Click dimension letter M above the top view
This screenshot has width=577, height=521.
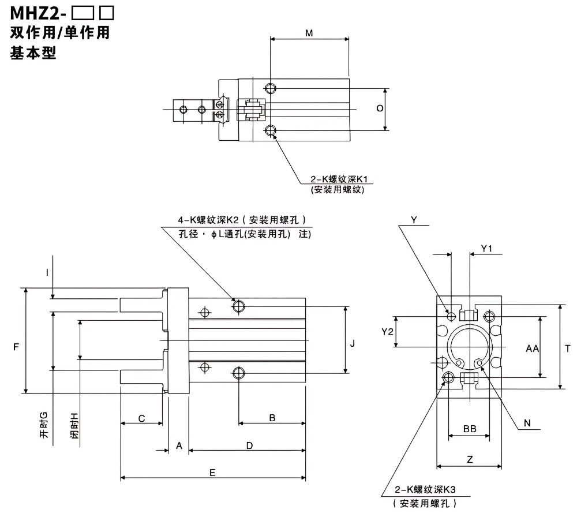[309, 33]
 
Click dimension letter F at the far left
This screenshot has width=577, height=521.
[16, 347]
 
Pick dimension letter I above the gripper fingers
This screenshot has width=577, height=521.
[48, 271]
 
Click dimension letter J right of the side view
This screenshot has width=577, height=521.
[353, 343]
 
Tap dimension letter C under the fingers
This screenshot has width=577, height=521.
[142, 418]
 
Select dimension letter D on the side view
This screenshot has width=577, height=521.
[249, 445]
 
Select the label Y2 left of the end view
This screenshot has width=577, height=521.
[388, 332]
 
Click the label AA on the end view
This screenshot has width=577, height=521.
[532, 348]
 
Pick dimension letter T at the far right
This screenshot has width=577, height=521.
[568, 348]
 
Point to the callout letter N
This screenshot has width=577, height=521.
[527, 423]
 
